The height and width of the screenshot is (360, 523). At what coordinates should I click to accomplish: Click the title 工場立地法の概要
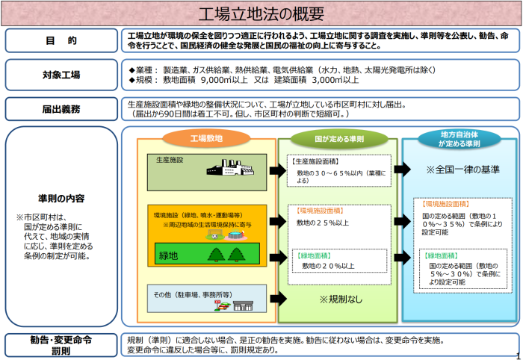pos(261,14)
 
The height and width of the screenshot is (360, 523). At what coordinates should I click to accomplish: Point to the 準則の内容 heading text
pos(61,199)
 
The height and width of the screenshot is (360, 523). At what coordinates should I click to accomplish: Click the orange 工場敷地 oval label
pos(205,138)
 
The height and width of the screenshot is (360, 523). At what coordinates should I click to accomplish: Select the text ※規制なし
pos(339,300)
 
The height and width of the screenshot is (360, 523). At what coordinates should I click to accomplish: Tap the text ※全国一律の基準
pos(462,170)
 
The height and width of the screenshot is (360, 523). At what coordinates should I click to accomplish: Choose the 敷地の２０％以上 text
pos(328,265)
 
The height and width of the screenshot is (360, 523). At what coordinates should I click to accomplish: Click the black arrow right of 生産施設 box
pos(277,169)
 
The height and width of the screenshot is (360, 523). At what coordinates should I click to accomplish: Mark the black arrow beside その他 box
pos(277,298)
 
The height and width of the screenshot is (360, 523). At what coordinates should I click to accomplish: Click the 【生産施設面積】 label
pos(314,161)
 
